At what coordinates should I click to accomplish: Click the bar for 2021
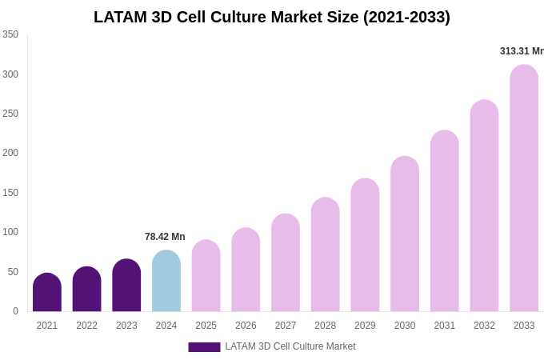click(x=47, y=293)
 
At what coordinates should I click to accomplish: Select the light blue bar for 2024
click(x=166, y=282)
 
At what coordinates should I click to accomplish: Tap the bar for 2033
click(x=524, y=189)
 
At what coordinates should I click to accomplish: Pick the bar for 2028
click(x=326, y=255)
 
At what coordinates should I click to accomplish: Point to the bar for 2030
click(x=405, y=234)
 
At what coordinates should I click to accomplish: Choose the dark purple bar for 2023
click(x=126, y=286)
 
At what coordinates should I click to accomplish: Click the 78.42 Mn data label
click(x=165, y=237)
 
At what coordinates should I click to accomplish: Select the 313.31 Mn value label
click(x=521, y=51)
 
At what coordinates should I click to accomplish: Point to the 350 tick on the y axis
click(x=10, y=34)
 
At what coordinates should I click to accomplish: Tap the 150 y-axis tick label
click(x=10, y=193)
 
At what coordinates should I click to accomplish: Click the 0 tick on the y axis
click(x=15, y=311)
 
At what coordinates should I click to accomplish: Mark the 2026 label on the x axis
click(x=246, y=326)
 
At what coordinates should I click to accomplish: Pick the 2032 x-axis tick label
click(x=484, y=326)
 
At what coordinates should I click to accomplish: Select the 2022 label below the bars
click(x=86, y=326)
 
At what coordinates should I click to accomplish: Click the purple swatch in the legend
click(x=204, y=347)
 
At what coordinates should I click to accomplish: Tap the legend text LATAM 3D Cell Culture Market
click(x=290, y=346)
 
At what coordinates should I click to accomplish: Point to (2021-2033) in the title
click(x=406, y=17)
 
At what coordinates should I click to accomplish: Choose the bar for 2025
click(x=206, y=276)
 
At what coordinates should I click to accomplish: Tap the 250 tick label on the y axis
click(x=10, y=114)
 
